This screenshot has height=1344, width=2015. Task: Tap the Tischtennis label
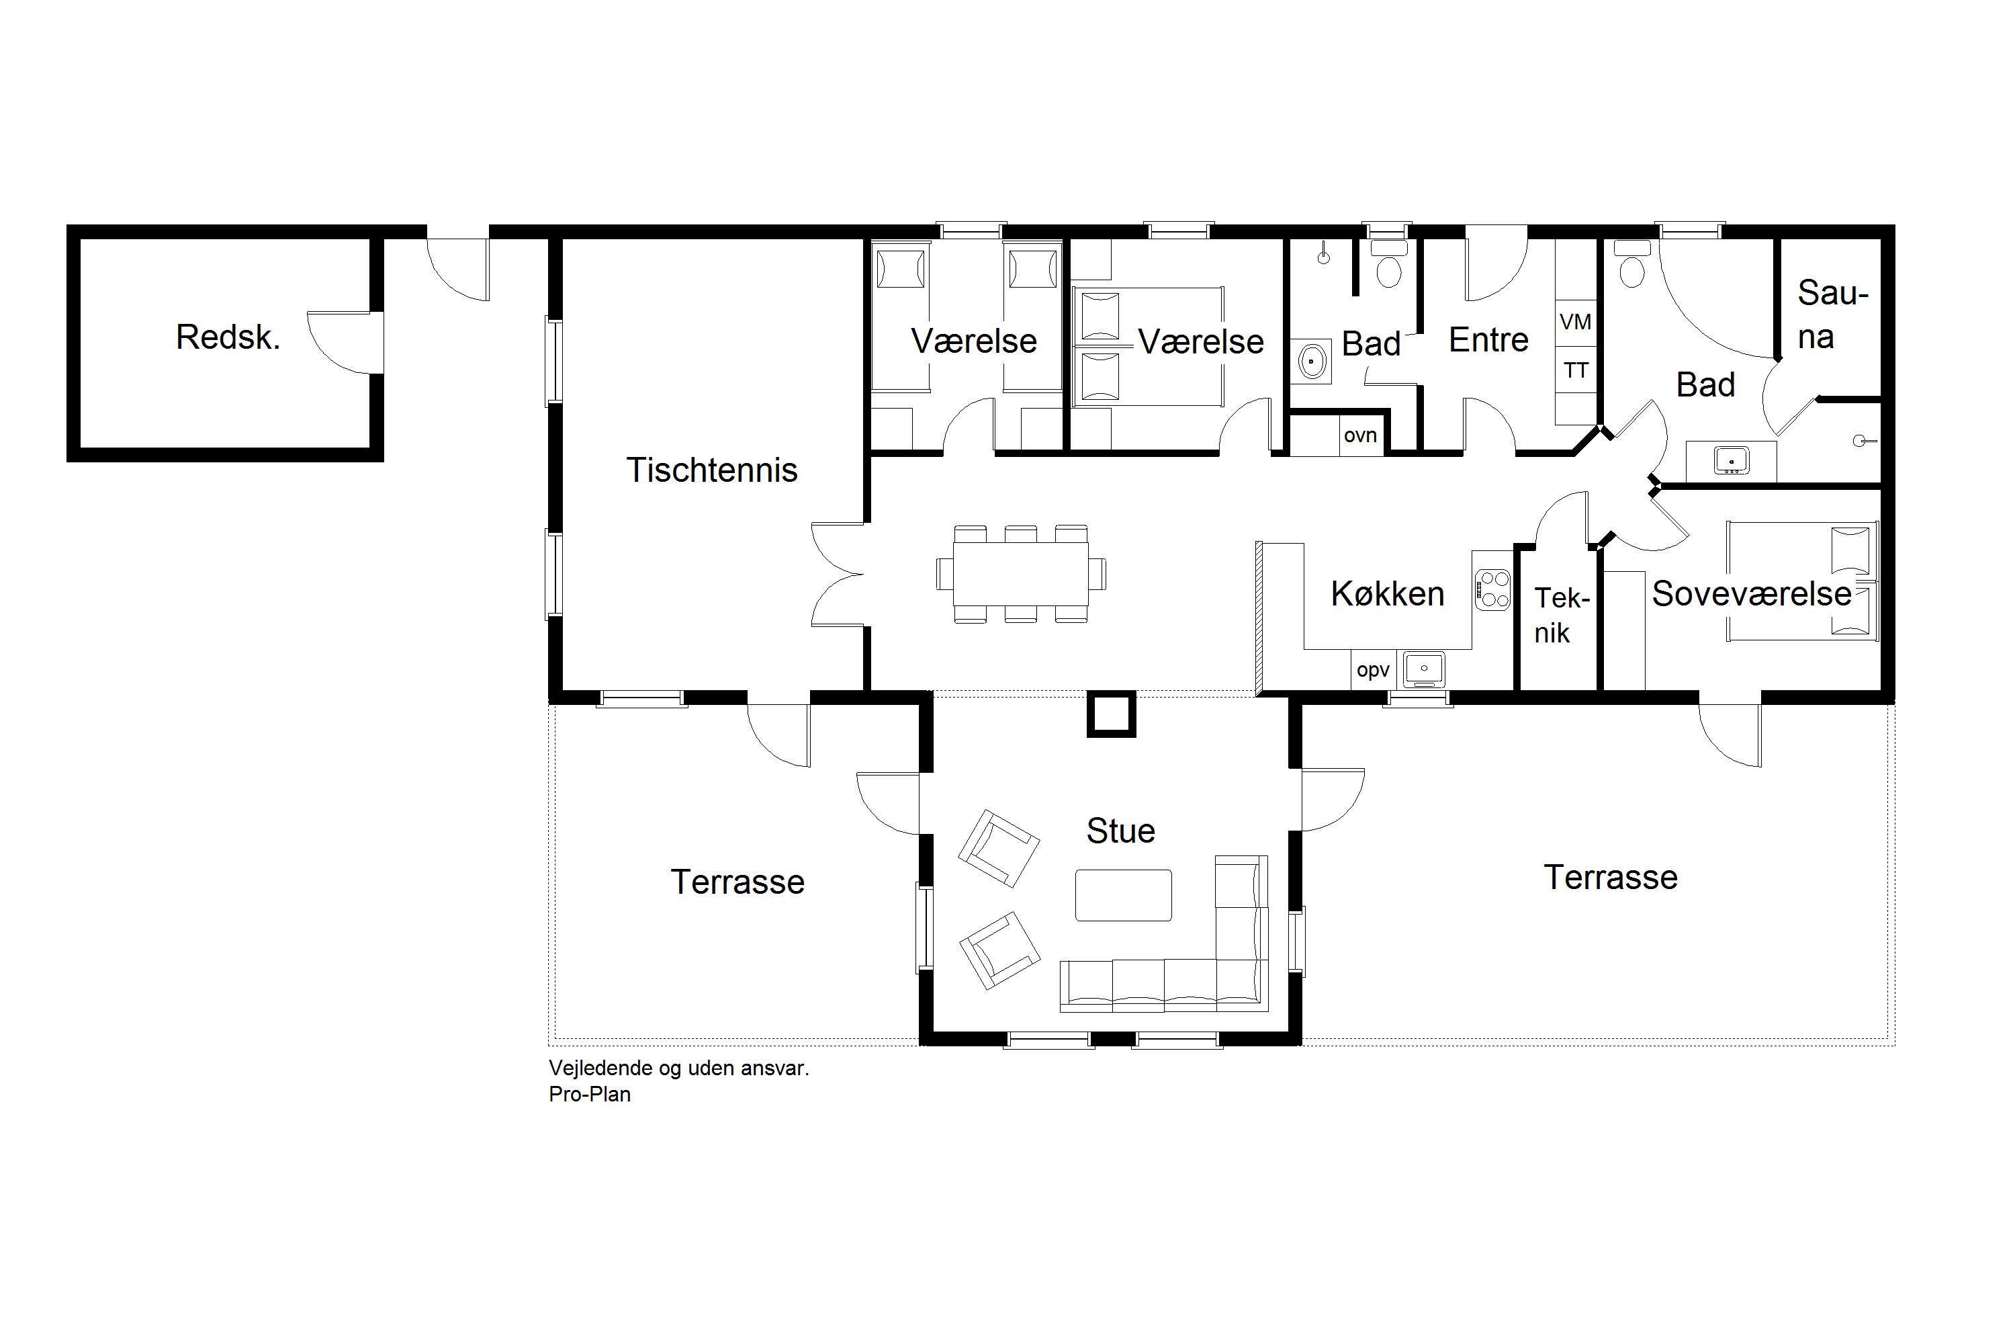[x=712, y=470]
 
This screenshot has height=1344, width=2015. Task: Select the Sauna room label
[x=1832, y=314]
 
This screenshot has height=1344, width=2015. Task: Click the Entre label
[x=1488, y=340]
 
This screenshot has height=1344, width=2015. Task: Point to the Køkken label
[x=1387, y=593]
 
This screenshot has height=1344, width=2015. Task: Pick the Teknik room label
[x=1560, y=615]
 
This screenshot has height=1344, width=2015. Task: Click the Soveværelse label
[x=1751, y=593]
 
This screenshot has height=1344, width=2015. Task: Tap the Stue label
[x=1120, y=831]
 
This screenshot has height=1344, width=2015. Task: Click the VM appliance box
[x=1576, y=323]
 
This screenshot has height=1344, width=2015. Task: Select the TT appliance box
[x=1576, y=370]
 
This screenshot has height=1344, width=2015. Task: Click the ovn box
[x=1361, y=435]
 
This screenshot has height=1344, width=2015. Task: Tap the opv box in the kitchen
[x=1374, y=669]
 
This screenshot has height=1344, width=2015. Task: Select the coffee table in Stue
[x=1123, y=895]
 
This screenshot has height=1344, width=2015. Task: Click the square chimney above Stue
[x=1111, y=714]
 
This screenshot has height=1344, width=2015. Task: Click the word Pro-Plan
[x=590, y=1095]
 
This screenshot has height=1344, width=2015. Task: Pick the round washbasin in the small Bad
[x=1312, y=361]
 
